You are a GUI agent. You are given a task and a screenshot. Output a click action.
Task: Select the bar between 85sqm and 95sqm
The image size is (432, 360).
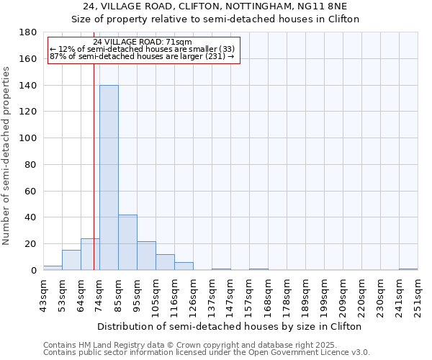(127, 243)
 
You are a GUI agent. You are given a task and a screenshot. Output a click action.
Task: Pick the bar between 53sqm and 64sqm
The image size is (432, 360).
(71, 260)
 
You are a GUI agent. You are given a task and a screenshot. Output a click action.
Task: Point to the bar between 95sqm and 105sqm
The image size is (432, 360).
(146, 256)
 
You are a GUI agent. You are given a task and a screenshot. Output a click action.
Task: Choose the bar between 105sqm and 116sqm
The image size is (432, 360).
(165, 262)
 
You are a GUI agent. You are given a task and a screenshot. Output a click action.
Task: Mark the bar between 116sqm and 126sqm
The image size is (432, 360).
(184, 266)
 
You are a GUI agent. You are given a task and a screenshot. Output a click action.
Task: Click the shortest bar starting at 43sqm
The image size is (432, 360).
(53, 268)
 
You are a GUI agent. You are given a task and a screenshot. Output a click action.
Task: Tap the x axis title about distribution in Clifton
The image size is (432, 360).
(230, 326)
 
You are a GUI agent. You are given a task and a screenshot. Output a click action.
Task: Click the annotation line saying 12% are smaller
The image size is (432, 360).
(142, 48)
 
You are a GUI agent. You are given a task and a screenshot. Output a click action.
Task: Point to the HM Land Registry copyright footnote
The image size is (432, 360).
(206, 345)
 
